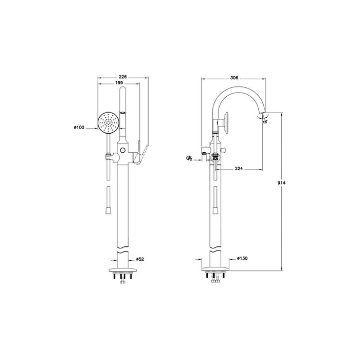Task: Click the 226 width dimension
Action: pyautogui.click(x=122, y=76)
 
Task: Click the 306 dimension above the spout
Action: pyautogui.click(x=234, y=77)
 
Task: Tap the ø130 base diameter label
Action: pyautogui.click(x=242, y=260)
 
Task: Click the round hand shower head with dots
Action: pyautogui.click(x=108, y=123)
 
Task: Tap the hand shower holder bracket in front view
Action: pyautogui.click(x=107, y=155)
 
